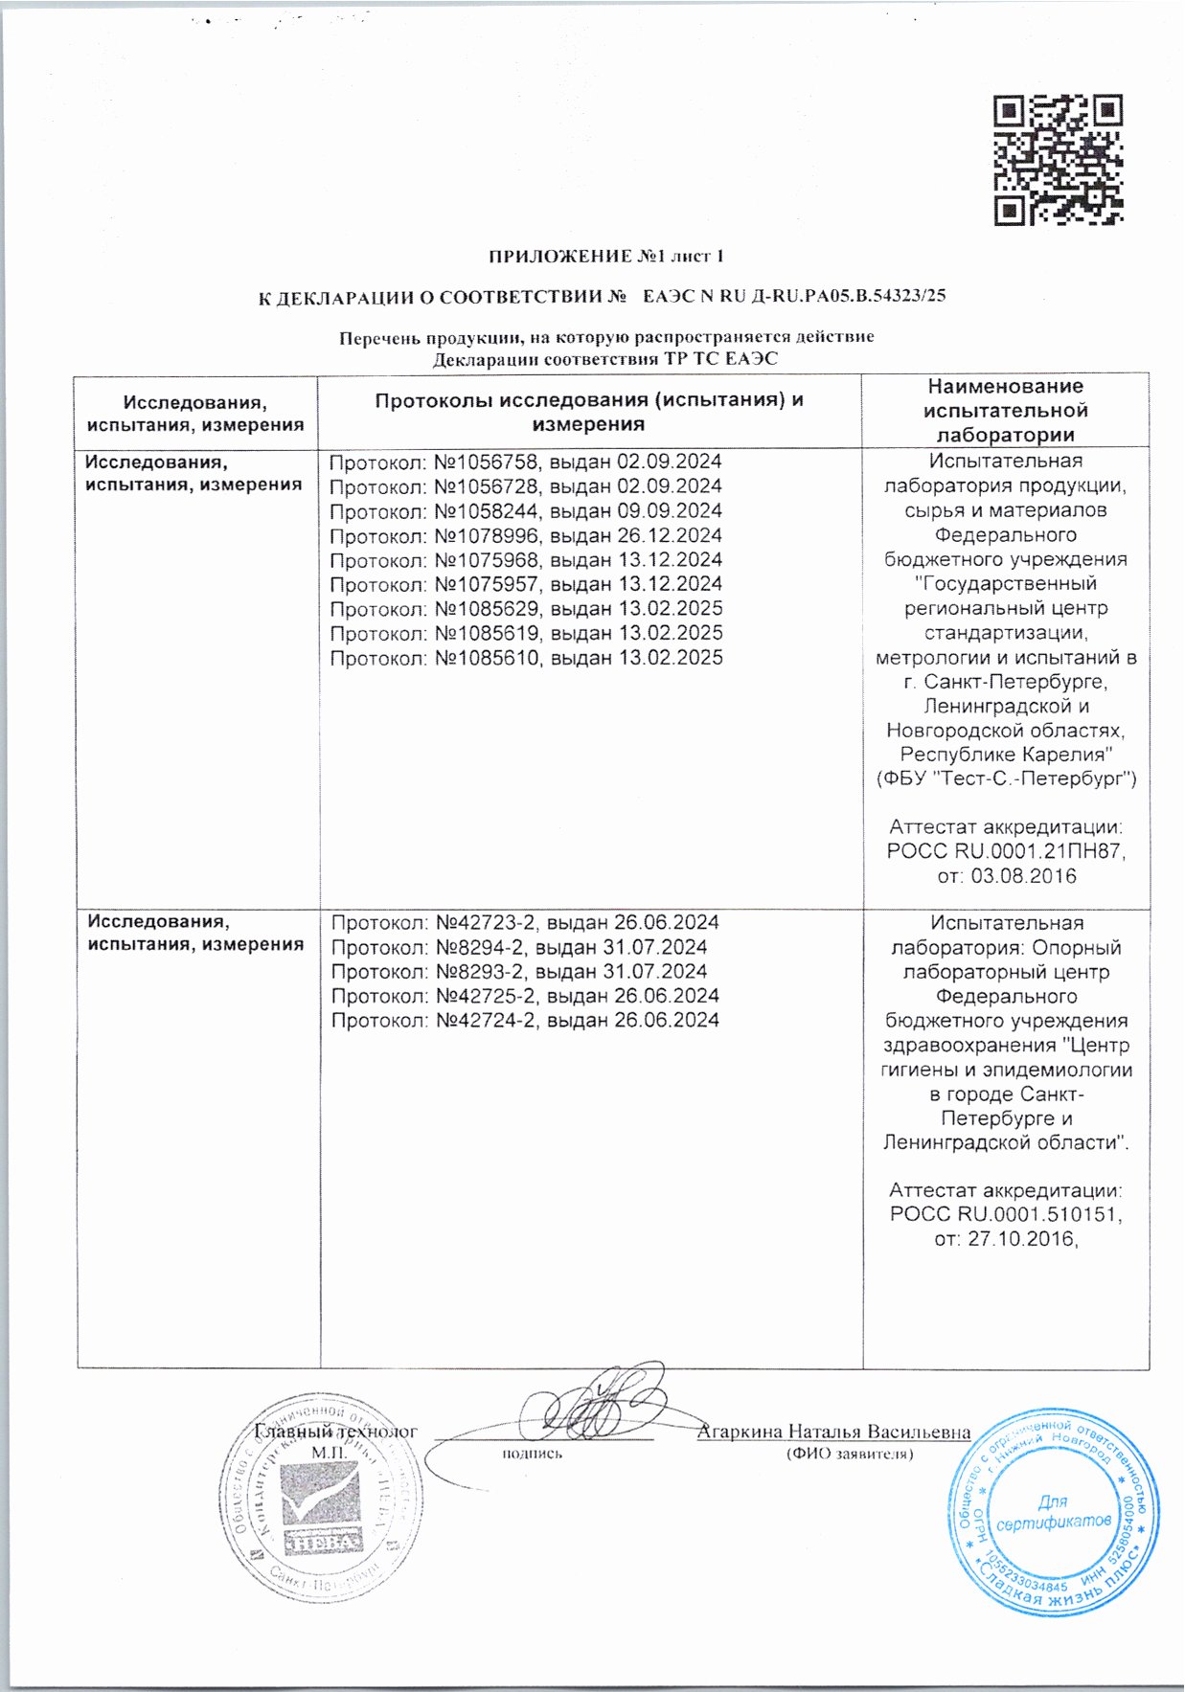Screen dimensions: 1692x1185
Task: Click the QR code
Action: (1058, 159)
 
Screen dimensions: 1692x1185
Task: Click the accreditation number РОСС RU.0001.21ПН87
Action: (1006, 851)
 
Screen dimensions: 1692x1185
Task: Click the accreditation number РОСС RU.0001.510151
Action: (1006, 1215)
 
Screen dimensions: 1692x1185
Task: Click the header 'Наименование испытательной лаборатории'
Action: (1006, 410)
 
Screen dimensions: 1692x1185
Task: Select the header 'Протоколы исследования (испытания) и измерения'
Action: (589, 412)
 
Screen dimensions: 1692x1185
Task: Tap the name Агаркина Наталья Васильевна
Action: (833, 1433)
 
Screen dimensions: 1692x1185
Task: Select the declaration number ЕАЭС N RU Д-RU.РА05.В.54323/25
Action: (794, 296)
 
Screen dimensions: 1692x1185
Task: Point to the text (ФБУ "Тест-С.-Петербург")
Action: (1006, 778)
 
